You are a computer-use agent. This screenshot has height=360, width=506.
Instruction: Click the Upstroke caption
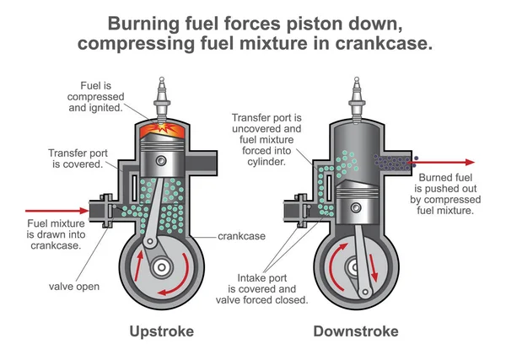tap(162, 332)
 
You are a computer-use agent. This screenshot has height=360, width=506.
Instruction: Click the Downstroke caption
tap(356, 331)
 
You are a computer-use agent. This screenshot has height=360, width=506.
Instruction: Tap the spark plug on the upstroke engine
tap(162, 99)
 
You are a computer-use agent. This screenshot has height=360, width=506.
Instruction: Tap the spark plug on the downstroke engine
tap(356, 99)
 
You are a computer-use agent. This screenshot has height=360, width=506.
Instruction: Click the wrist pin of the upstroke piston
tap(161, 160)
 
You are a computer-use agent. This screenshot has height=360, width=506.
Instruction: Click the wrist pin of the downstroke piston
tap(356, 207)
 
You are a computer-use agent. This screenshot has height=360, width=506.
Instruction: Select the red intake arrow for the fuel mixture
tap(57, 211)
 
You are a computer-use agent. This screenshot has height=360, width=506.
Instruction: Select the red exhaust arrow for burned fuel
tap(441, 162)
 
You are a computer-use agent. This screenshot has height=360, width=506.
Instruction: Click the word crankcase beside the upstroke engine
tap(241, 236)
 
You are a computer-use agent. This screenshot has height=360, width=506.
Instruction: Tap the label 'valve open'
tap(74, 287)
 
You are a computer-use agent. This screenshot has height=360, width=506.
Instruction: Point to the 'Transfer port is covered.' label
tap(78, 159)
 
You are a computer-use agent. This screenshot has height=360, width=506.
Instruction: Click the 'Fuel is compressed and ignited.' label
tap(96, 97)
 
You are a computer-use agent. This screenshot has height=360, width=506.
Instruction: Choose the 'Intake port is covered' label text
tap(262, 283)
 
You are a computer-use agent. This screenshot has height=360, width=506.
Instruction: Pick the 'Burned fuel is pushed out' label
tap(445, 183)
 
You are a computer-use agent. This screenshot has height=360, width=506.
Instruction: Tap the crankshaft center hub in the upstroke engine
tap(161, 267)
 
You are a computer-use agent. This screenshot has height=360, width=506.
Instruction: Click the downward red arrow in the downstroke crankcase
tap(373, 268)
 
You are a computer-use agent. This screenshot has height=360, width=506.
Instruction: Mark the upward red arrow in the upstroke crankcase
tap(139, 266)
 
